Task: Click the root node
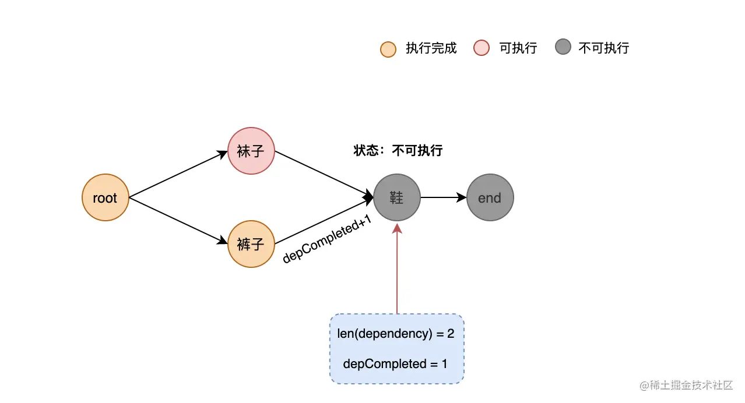click(x=105, y=198)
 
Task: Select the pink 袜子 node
click(x=251, y=151)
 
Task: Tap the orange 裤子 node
click(x=251, y=244)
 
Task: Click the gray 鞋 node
click(x=397, y=198)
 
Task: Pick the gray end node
click(x=490, y=198)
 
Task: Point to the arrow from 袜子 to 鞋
click(x=324, y=175)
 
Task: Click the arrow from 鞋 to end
click(x=443, y=198)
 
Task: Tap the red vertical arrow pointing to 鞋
click(x=397, y=268)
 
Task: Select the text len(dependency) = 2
click(x=396, y=334)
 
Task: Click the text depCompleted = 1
click(x=396, y=364)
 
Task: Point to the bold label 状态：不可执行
click(x=398, y=151)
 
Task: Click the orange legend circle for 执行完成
click(x=388, y=49)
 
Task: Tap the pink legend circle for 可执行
click(x=482, y=48)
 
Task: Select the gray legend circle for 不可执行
click(x=563, y=47)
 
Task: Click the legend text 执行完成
click(x=431, y=48)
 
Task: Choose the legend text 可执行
click(x=518, y=48)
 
